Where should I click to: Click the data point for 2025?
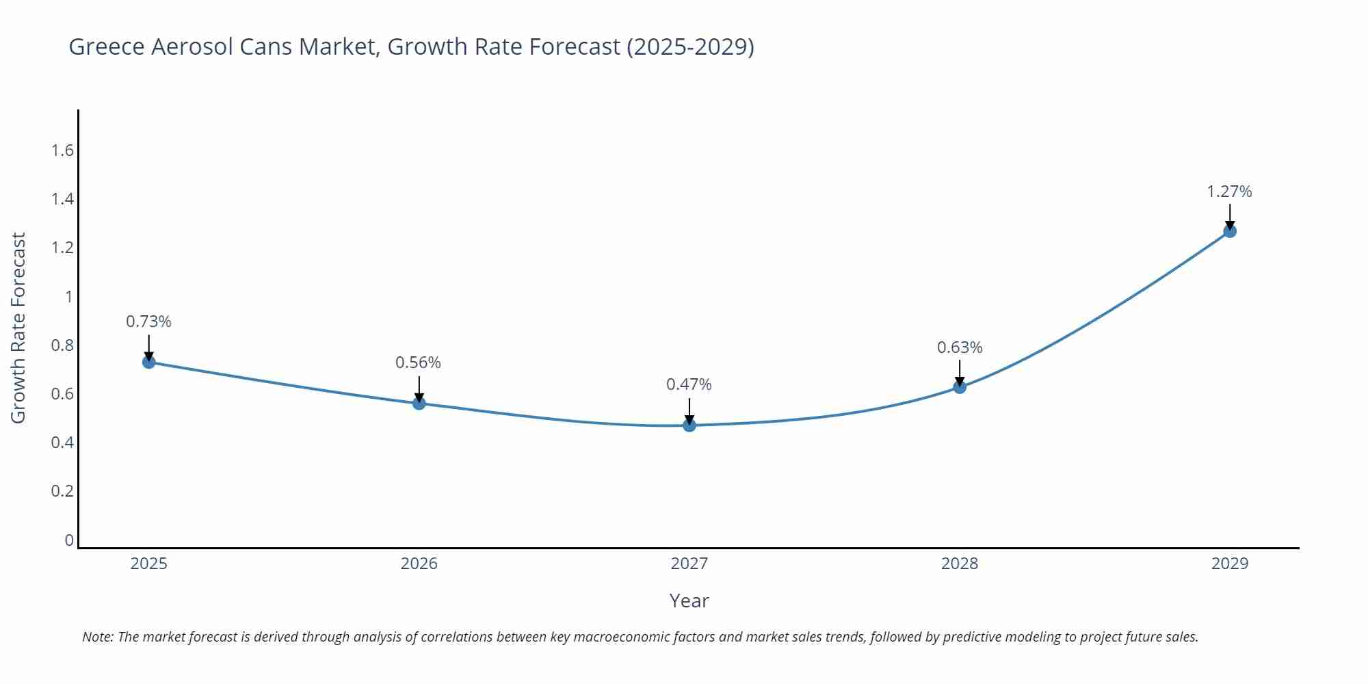click(149, 362)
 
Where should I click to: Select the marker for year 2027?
click(689, 425)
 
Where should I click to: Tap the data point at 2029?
click(1230, 231)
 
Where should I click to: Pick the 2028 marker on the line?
click(960, 387)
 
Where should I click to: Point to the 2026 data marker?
click(419, 404)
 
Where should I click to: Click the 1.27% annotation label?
click(1229, 192)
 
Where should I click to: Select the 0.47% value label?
click(689, 384)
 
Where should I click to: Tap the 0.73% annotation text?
click(148, 321)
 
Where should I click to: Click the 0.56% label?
click(418, 363)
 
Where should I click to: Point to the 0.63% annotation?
click(960, 347)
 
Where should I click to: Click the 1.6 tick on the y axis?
click(62, 150)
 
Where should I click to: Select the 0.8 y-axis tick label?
click(62, 345)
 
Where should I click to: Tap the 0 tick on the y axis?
click(68, 540)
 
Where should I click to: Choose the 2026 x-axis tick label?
click(419, 564)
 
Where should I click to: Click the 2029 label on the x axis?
click(1230, 564)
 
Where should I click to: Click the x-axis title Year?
click(689, 601)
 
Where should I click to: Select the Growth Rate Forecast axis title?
click(18, 328)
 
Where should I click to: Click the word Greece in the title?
click(107, 47)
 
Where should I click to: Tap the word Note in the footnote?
click(97, 637)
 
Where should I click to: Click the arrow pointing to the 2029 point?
click(1230, 215)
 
